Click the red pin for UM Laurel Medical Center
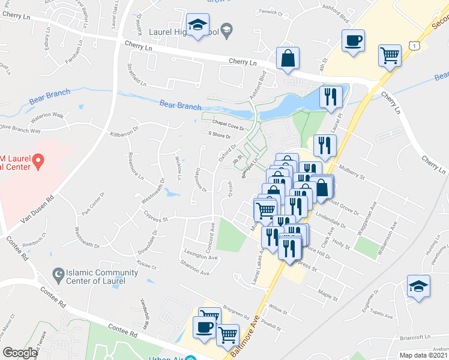click(x=38, y=161)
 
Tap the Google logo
click(x=19, y=353)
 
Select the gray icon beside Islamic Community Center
click(x=58, y=276)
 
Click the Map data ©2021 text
click(x=424, y=355)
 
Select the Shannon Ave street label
click(x=196, y=272)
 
